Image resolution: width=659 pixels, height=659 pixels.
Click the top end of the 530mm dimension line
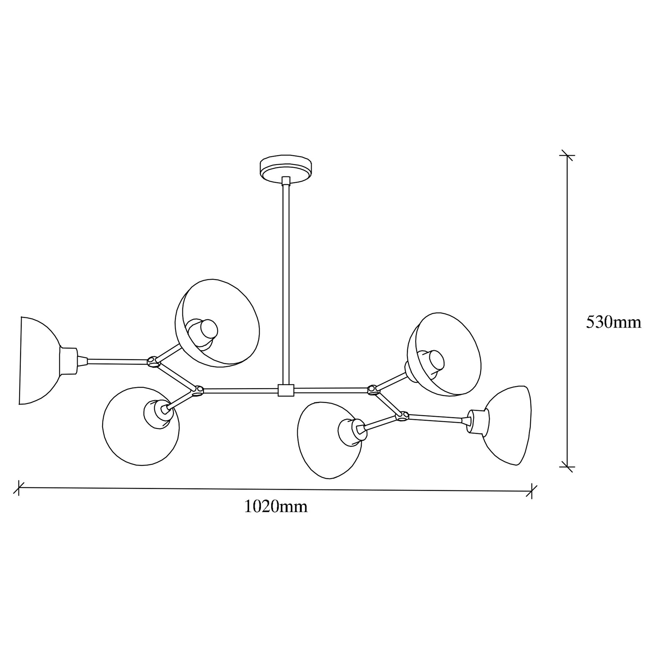point(567,155)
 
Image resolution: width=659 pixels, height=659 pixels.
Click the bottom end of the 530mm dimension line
point(567,467)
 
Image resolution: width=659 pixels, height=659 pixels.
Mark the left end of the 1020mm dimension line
point(18,487)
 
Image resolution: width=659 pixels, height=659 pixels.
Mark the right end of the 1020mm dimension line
point(532,491)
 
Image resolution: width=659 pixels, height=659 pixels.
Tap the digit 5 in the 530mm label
point(591,322)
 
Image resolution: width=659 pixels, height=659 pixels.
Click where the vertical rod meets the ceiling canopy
point(286,178)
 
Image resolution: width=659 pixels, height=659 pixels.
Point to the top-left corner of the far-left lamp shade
point(22,317)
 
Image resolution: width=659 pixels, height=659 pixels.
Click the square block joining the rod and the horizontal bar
point(286,390)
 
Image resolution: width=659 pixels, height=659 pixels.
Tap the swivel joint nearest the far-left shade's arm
point(153,362)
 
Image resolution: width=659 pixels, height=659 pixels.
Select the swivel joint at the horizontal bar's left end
point(198,391)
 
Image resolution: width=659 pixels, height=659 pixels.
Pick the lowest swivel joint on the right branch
point(403,416)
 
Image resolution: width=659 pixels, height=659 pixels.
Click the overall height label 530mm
point(614,322)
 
